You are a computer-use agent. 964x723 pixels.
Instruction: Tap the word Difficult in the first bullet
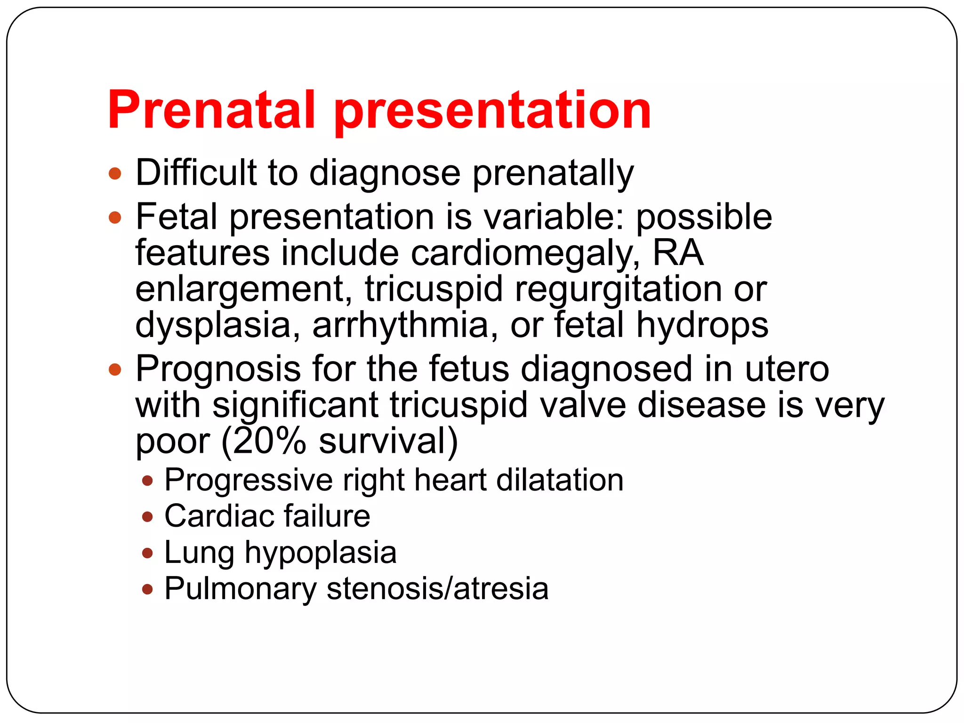tap(196, 172)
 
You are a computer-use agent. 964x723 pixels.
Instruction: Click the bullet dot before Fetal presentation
tap(115, 217)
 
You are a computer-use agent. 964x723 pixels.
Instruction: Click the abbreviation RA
tap(678, 252)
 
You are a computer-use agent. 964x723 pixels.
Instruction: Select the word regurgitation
tap(618, 290)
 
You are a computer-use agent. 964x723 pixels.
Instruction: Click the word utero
tap(787, 369)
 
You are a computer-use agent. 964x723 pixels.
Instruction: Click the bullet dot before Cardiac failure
tap(148, 517)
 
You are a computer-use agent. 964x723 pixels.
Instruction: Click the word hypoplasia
tap(321, 554)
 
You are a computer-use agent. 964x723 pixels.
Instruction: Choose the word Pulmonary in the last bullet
tap(241, 589)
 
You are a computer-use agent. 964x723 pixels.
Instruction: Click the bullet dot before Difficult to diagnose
tap(115, 174)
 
